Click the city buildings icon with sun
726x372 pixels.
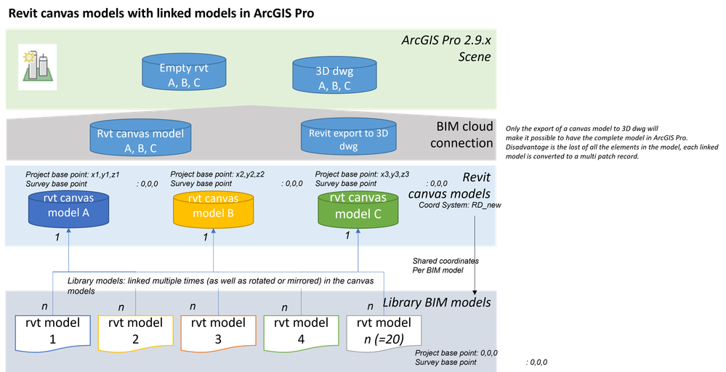tap(38, 62)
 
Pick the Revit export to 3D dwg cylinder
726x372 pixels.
tap(343, 138)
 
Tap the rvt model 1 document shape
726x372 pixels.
tap(54, 330)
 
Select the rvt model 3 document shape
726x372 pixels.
tap(219, 330)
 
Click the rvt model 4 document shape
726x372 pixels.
tap(301, 330)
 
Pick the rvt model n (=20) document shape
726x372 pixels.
tap(384, 331)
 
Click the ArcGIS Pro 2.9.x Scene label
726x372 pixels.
tap(446, 48)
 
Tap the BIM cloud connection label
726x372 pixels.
tap(461, 135)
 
